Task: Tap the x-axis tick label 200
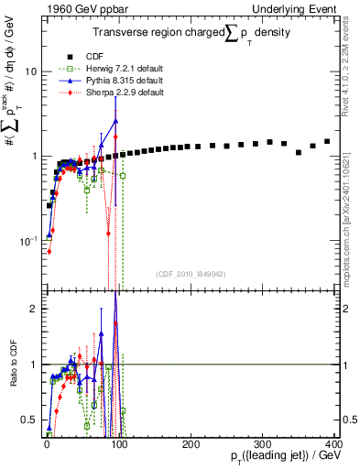[189, 443]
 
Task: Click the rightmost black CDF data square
[327, 141]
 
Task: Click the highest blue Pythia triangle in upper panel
[115, 120]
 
